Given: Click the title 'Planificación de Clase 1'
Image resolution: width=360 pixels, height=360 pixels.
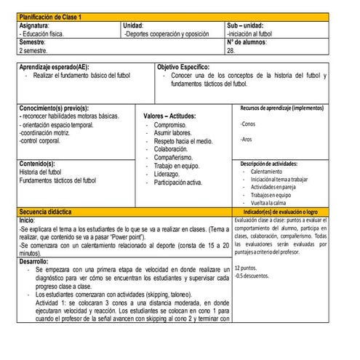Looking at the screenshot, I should pos(51,16).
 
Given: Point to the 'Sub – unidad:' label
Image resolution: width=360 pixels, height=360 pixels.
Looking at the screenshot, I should pos(246,25).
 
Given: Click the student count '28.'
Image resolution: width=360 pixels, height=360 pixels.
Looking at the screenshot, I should pos(231,51).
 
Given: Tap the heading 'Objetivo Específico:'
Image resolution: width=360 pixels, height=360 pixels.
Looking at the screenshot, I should pos(188,67).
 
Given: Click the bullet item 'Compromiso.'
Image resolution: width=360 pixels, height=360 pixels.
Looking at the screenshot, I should pos(169,126).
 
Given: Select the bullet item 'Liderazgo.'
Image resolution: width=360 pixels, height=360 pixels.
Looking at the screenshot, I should pos(167,174).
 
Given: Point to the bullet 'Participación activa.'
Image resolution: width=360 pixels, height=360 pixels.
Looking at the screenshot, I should pos(178,183).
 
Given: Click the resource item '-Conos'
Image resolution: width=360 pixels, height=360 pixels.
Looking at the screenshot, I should pos(247,124).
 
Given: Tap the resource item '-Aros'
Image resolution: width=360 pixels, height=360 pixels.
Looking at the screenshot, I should pos(246,139).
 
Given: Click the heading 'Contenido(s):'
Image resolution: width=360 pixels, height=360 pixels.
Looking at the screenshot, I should pos(38,164).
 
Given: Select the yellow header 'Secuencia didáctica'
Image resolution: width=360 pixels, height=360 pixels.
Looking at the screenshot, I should pos(45,211).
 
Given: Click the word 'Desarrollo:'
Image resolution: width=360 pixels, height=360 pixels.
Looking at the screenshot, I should pos(34,260).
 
